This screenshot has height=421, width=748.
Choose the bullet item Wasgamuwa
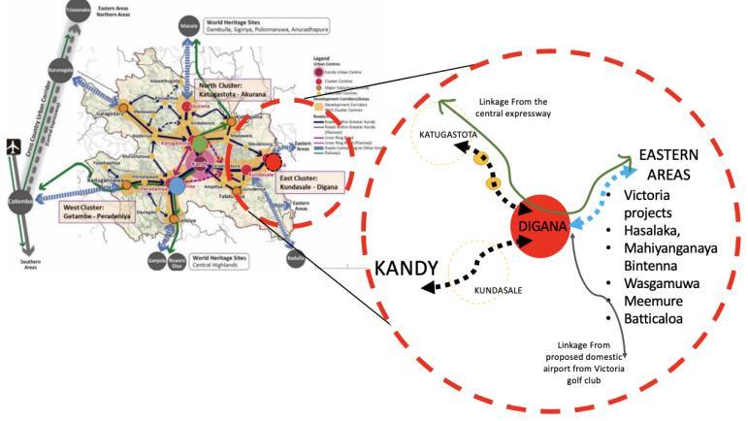[669, 282]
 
